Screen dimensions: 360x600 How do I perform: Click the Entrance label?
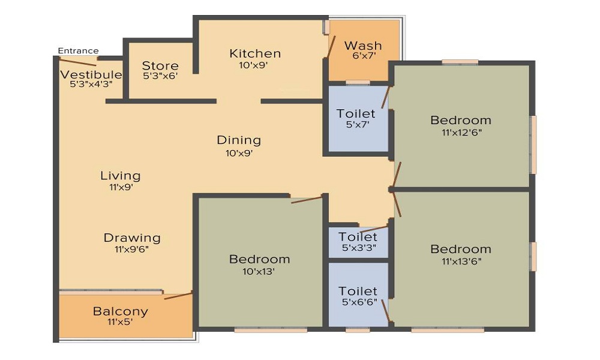(78, 50)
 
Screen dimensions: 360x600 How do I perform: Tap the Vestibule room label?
(91, 75)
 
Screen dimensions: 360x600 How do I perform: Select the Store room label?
(160, 66)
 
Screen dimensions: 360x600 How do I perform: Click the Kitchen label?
(255, 53)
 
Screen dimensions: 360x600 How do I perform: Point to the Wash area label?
(363, 46)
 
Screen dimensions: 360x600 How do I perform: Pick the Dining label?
(239, 140)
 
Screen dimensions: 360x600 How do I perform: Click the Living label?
(120, 176)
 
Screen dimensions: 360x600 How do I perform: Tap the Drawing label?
(132, 238)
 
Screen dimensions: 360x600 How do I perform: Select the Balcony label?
(120, 311)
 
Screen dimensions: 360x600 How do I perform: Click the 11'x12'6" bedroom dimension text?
(461, 133)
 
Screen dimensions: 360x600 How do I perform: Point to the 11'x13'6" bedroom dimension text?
(461, 261)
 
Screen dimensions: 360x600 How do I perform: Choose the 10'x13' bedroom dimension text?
(259, 271)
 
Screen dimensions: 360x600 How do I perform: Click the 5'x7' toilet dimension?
(356, 125)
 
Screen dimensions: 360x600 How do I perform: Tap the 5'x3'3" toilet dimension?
(358, 248)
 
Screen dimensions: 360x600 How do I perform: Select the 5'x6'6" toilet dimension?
(358, 302)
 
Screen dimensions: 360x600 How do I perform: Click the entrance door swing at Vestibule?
(78, 61)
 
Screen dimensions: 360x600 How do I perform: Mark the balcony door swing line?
(178, 295)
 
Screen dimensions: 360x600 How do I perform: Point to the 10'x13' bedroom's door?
(307, 199)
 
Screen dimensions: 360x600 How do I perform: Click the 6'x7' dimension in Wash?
(363, 56)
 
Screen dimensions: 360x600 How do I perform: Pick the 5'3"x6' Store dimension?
(160, 76)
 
